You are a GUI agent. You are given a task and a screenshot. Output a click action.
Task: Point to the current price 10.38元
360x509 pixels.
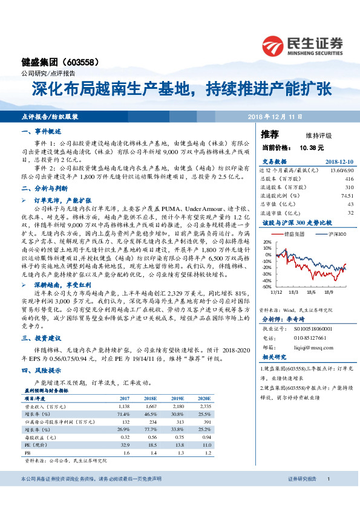[x=295, y=147]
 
